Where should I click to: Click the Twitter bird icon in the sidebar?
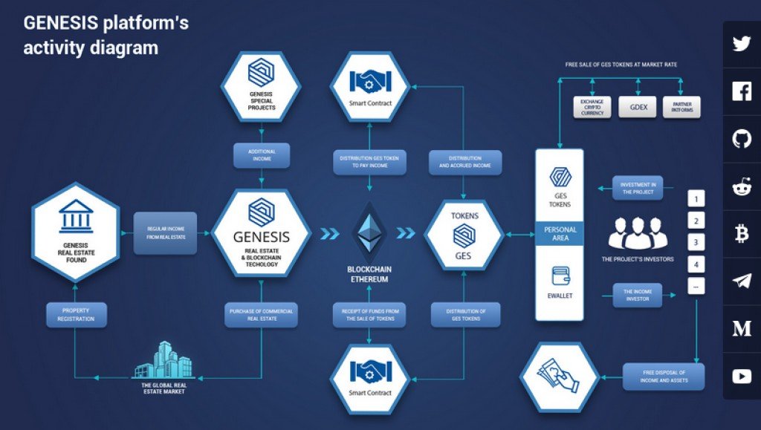(x=741, y=44)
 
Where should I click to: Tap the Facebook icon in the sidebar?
(x=741, y=91)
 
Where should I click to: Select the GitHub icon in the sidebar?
(x=741, y=139)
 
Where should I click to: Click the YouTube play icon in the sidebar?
(x=741, y=377)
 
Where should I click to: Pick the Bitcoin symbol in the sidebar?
(x=741, y=235)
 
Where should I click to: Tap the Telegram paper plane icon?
(x=741, y=281)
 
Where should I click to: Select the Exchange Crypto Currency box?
(x=592, y=106)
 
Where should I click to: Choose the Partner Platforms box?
(x=681, y=106)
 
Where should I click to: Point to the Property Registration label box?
(x=76, y=315)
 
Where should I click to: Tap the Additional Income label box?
(x=262, y=154)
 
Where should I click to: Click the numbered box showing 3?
(x=696, y=241)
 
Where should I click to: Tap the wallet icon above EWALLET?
(x=560, y=276)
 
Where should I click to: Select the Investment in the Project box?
(x=637, y=188)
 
